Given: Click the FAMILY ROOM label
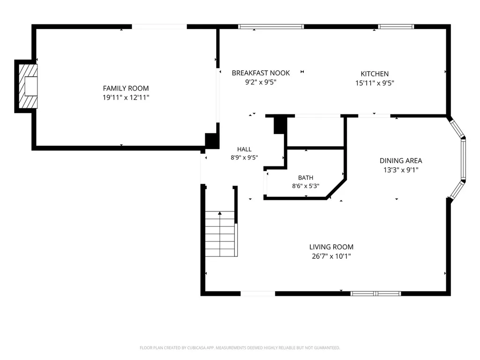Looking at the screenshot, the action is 126,89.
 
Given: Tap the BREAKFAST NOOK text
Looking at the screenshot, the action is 261,73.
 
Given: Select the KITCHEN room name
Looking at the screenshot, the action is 375,74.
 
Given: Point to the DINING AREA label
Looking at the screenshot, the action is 401,161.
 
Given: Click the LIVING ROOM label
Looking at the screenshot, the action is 331,247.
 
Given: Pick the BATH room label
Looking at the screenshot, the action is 306,178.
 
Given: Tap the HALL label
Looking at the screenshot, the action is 244,150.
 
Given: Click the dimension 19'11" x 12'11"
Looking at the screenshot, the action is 126,97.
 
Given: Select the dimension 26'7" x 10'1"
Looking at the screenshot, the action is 331,256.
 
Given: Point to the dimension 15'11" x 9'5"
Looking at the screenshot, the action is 375,83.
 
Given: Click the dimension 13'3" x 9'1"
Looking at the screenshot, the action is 401,170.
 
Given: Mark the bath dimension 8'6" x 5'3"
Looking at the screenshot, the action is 306,186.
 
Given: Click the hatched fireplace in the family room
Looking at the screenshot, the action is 28,86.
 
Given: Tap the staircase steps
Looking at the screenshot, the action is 220,234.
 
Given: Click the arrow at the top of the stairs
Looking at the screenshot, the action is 220,213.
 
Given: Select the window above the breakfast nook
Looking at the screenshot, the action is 271,27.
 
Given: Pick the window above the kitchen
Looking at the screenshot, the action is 396,27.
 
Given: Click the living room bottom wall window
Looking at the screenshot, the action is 375,293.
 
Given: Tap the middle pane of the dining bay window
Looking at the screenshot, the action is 463,159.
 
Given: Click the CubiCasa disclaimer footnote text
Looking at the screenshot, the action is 240,348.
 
